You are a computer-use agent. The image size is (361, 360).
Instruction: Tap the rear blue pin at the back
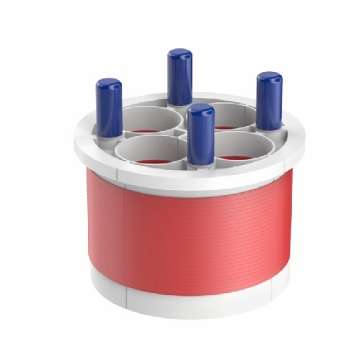[x=179, y=78]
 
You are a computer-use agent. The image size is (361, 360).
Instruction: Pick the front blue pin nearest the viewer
[x=200, y=135]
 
